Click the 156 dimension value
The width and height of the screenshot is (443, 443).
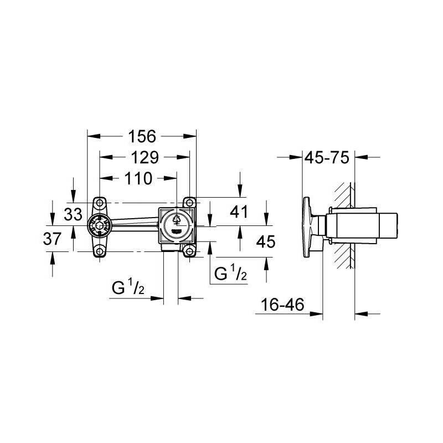click(x=142, y=136)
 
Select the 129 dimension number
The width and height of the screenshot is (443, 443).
click(x=145, y=157)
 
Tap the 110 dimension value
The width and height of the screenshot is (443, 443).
click(x=138, y=178)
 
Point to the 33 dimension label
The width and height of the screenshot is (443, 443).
click(x=73, y=214)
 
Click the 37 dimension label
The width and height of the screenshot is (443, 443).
click(x=52, y=239)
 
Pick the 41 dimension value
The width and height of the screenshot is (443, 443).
click(x=239, y=212)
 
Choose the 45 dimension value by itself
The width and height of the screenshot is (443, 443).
click(x=266, y=242)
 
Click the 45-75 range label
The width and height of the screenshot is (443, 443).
click(x=327, y=157)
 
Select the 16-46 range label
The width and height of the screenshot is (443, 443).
click(x=282, y=305)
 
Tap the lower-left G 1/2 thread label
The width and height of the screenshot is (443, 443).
click(x=128, y=286)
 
